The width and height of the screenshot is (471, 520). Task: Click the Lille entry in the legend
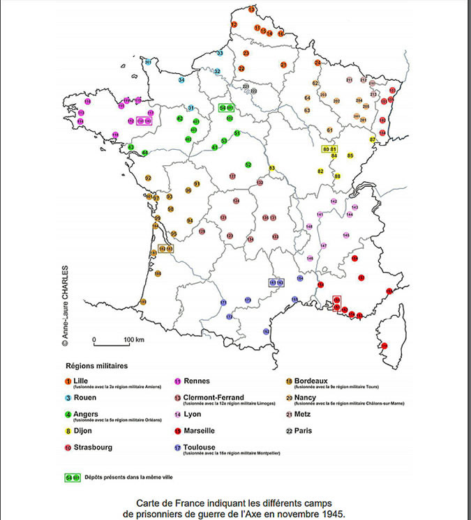[82, 380]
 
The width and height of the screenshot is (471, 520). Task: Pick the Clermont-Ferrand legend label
[214, 397]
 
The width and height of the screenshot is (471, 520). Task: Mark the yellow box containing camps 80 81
[330, 149]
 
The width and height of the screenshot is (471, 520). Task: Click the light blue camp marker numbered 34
[181, 80]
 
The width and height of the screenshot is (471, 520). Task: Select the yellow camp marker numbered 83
[272, 168]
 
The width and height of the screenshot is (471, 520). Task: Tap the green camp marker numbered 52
[248, 165]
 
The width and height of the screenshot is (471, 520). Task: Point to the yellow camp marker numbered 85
[350, 155]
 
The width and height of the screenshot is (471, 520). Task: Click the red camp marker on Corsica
[384, 345]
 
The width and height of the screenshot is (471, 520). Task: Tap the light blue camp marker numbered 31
[190, 108]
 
